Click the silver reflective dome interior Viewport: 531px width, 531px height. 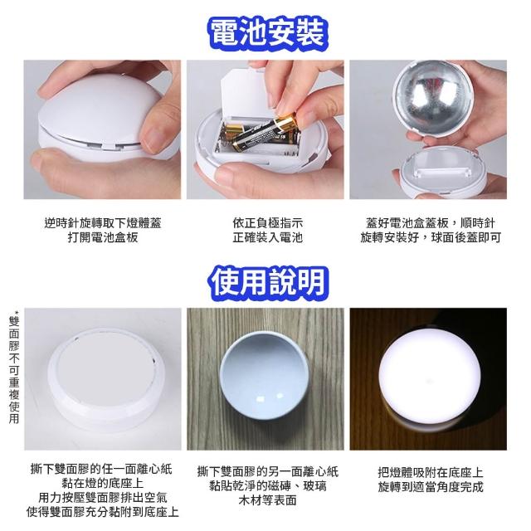429,98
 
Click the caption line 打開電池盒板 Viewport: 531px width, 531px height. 103,237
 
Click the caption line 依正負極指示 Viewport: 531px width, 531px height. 267,223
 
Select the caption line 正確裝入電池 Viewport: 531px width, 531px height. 267,237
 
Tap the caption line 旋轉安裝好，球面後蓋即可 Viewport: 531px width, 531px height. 430,237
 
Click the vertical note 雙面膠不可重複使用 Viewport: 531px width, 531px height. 14,368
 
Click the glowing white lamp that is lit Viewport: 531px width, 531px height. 429,377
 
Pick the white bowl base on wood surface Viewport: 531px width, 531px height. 265,376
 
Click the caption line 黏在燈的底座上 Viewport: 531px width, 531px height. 103,483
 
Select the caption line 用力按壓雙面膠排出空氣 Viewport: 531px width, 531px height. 103,498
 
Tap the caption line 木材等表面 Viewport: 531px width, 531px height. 267,500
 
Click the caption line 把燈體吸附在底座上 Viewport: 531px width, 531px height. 431,472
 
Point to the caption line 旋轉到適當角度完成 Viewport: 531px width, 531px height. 431,487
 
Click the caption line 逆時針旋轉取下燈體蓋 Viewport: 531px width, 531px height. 103,223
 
